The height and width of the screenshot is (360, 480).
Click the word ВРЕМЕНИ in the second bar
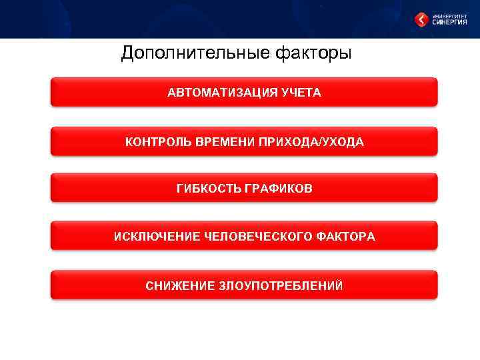tap(223, 142)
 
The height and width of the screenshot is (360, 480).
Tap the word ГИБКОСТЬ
tap(209, 189)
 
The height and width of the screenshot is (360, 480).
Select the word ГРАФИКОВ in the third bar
tap(279, 189)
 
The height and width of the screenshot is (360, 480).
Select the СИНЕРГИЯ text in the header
tap(451, 23)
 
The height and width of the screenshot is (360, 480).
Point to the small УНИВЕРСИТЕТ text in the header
tap(451, 15)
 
